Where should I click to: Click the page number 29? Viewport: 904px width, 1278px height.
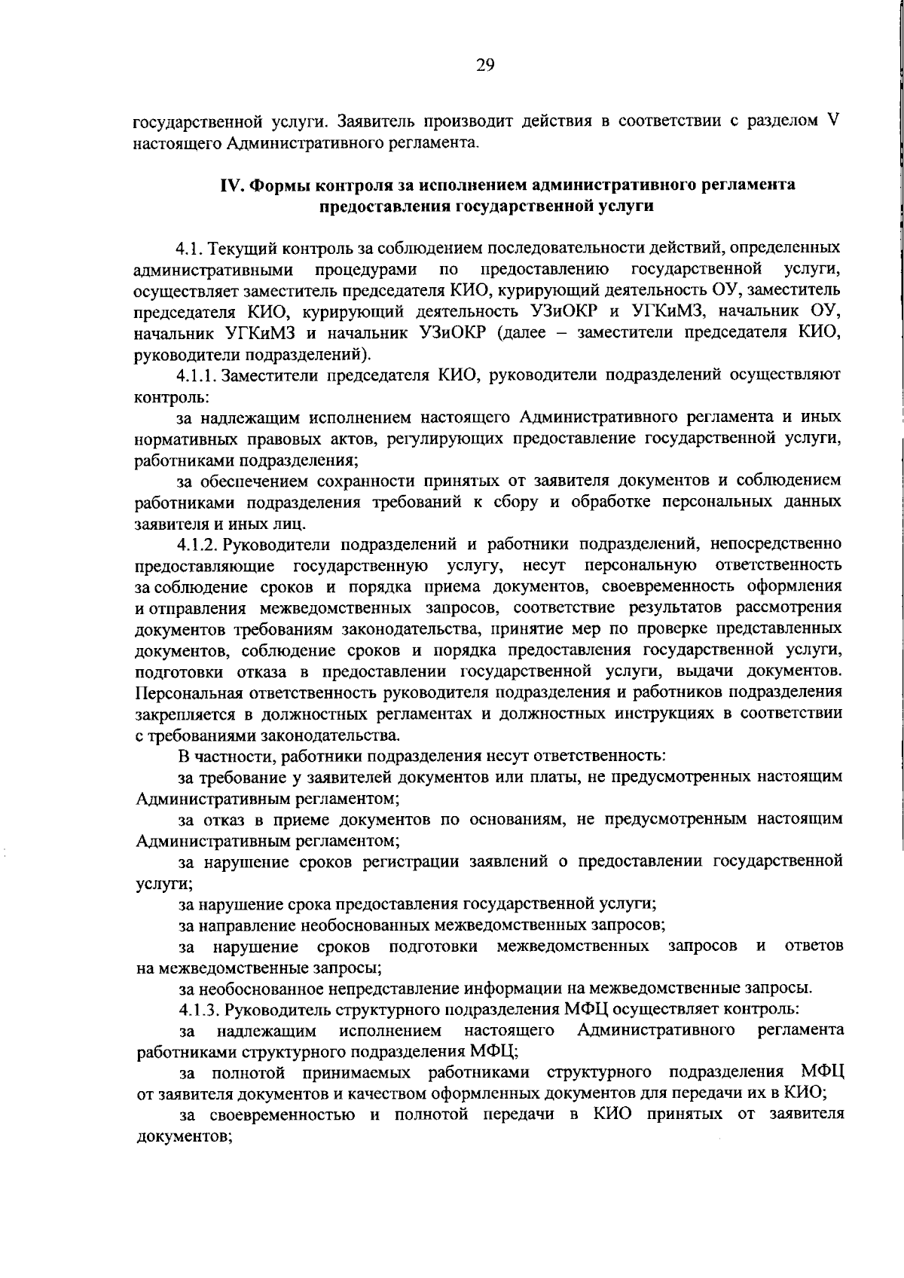point(485,65)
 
